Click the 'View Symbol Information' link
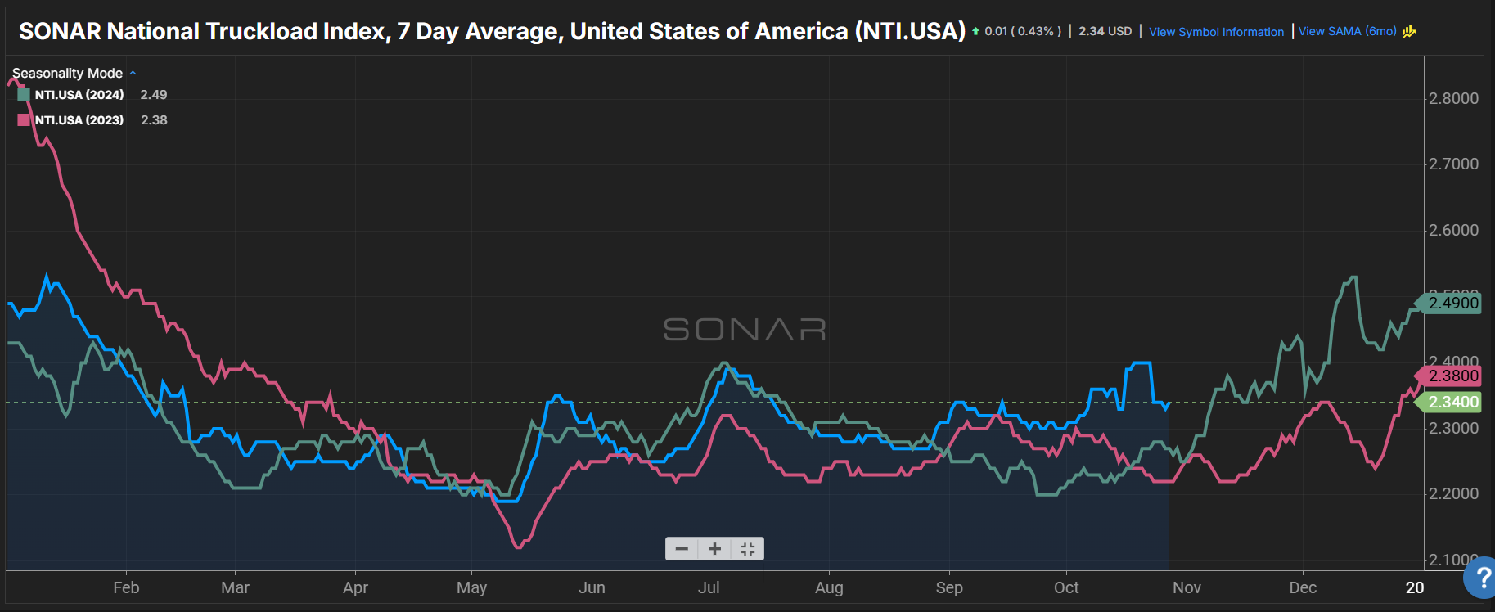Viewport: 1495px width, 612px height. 1216,32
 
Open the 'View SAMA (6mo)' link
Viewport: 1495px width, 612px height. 1347,31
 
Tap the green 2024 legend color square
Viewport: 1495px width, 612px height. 24,94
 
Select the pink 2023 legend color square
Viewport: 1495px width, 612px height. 24,119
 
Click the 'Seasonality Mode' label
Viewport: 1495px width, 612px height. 67,73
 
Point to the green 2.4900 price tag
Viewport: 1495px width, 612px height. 1452,303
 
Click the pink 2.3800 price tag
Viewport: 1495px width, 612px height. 1452,376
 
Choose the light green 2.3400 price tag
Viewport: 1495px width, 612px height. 1452,402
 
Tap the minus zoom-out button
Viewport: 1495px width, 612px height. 682,548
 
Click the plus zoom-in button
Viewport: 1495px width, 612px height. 714,548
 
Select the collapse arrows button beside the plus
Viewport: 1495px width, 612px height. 747,548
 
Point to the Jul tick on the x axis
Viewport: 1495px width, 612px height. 709,587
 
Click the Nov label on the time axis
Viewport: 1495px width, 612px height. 1187,587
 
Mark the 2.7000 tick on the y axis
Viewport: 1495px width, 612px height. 1452,164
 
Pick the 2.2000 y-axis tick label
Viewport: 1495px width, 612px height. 1452,493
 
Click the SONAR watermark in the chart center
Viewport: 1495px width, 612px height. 744,329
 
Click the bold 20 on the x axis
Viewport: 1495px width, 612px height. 1415,587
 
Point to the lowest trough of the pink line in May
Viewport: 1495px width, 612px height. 518,547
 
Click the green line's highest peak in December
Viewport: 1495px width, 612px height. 1353,277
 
